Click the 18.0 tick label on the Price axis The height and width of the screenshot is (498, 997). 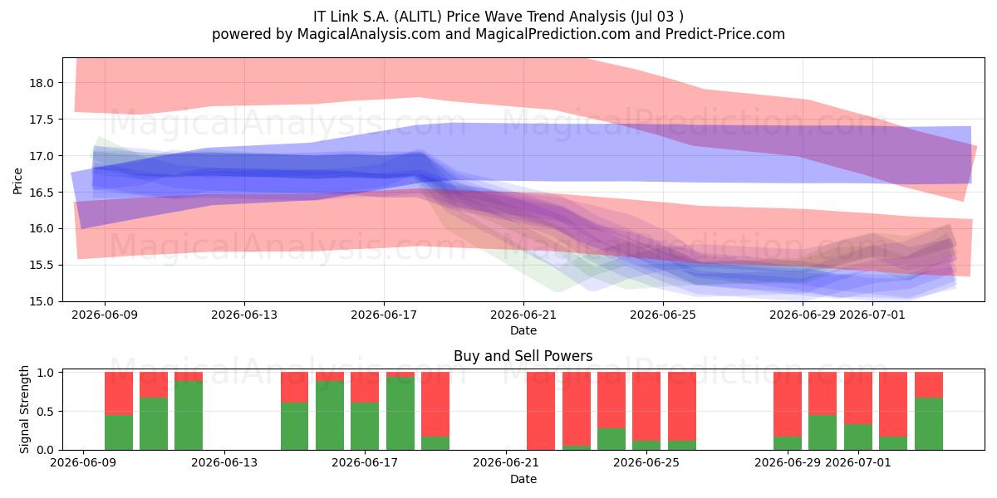(x=42, y=83)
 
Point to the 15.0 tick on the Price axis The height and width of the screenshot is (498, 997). (x=42, y=301)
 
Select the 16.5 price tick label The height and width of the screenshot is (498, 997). (x=42, y=193)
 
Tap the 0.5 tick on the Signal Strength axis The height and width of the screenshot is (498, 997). (x=47, y=412)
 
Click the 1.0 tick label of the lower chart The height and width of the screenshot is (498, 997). (x=47, y=373)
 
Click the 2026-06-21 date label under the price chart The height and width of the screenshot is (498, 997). (x=523, y=315)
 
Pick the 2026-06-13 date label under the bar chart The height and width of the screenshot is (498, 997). (x=224, y=462)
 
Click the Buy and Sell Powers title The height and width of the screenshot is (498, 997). (x=523, y=356)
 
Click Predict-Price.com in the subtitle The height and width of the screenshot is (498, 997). (x=725, y=34)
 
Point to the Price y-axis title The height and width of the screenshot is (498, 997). (x=17, y=181)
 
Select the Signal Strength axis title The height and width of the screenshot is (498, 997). (x=24, y=409)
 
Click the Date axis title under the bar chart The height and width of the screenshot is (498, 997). (x=523, y=479)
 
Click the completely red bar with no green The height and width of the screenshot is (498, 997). (x=541, y=411)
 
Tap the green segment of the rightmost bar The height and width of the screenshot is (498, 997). (x=929, y=424)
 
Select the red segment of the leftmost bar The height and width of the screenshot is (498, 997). (x=119, y=393)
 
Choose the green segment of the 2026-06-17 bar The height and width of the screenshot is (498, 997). (x=365, y=427)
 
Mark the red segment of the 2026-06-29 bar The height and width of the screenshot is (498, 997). (x=788, y=405)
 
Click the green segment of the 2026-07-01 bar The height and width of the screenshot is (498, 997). (x=858, y=437)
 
